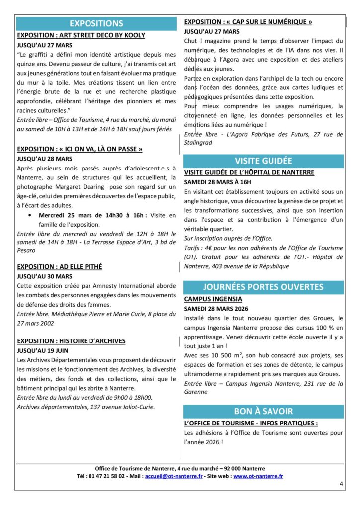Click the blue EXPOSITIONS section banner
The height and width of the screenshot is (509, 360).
(96, 23)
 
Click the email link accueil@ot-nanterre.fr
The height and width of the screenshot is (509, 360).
(173, 476)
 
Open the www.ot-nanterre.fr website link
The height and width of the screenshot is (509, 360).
(258, 476)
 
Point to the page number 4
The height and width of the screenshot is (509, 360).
(341, 483)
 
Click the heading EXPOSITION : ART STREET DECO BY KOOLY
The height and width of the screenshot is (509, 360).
(81, 35)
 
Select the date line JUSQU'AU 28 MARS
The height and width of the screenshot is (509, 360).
(45, 159)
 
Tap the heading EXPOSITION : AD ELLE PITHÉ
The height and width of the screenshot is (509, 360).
(60, 267)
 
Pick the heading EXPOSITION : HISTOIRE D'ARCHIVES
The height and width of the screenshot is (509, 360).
(71, 341)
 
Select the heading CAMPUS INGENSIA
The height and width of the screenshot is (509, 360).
(213, 299)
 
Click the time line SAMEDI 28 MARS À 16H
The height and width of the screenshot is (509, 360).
(218, 182)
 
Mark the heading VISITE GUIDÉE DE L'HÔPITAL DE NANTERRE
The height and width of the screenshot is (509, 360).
(249, 172)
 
